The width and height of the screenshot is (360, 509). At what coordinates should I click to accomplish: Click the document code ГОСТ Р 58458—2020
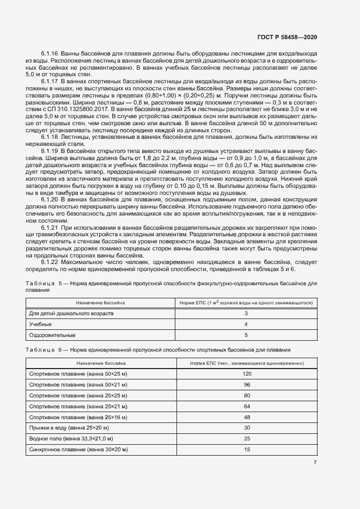coord(287,37)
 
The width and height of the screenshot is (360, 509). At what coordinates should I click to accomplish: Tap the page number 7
coord(315,463)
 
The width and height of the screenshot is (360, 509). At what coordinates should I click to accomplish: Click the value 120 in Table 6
coord(247,374)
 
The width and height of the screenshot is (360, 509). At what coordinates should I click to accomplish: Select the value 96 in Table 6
coord(247,385)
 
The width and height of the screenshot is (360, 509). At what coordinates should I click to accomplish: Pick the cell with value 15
coord(247,449)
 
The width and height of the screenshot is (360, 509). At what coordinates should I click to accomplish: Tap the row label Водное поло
coord(71,438)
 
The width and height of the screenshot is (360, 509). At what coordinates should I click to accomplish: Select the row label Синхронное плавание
coord(78,449)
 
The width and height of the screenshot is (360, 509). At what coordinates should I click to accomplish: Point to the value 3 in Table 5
coord(246,314)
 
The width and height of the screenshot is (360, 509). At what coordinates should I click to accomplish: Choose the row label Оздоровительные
coord(52,335)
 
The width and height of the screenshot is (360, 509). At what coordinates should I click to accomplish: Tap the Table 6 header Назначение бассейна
coord(101,362)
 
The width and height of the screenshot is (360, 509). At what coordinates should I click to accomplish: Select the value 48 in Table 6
coord(247,417)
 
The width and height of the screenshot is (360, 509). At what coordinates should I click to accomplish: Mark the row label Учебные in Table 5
coord(40,324)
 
